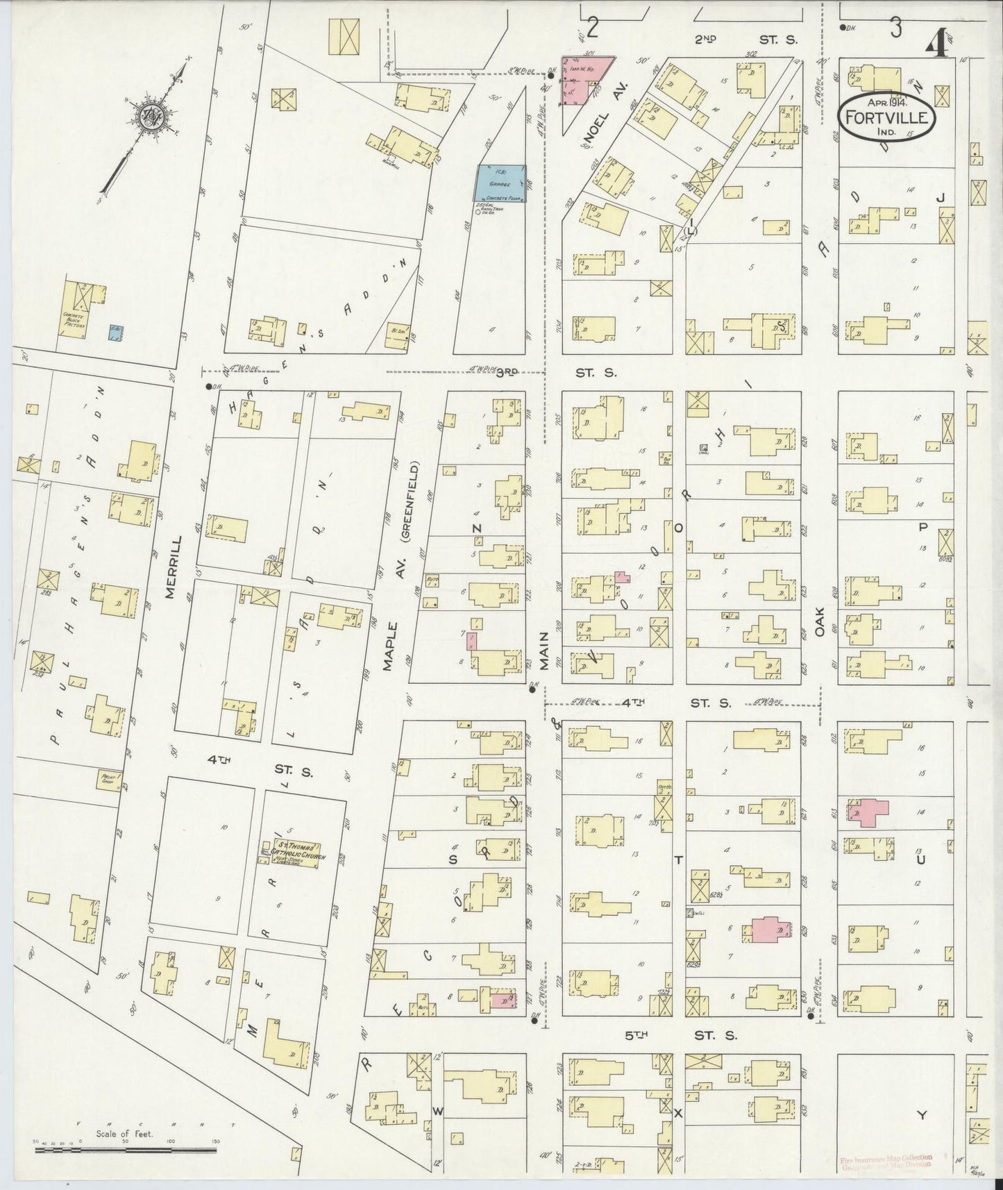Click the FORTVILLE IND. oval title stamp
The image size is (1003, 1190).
pos(886,116)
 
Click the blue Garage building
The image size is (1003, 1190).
pos(500,184)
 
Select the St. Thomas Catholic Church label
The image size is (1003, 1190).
pos(290,852)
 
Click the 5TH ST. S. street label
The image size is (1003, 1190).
pos(680,1035)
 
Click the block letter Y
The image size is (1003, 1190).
pos(921,1116)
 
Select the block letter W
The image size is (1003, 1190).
pos(438,1112)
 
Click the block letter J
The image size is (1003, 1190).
pos(941,198)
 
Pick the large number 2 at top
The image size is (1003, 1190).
pos(592,28)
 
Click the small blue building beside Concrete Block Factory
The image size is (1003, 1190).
pos(117,333)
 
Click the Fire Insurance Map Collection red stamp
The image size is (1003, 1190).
pos(886,1162)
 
